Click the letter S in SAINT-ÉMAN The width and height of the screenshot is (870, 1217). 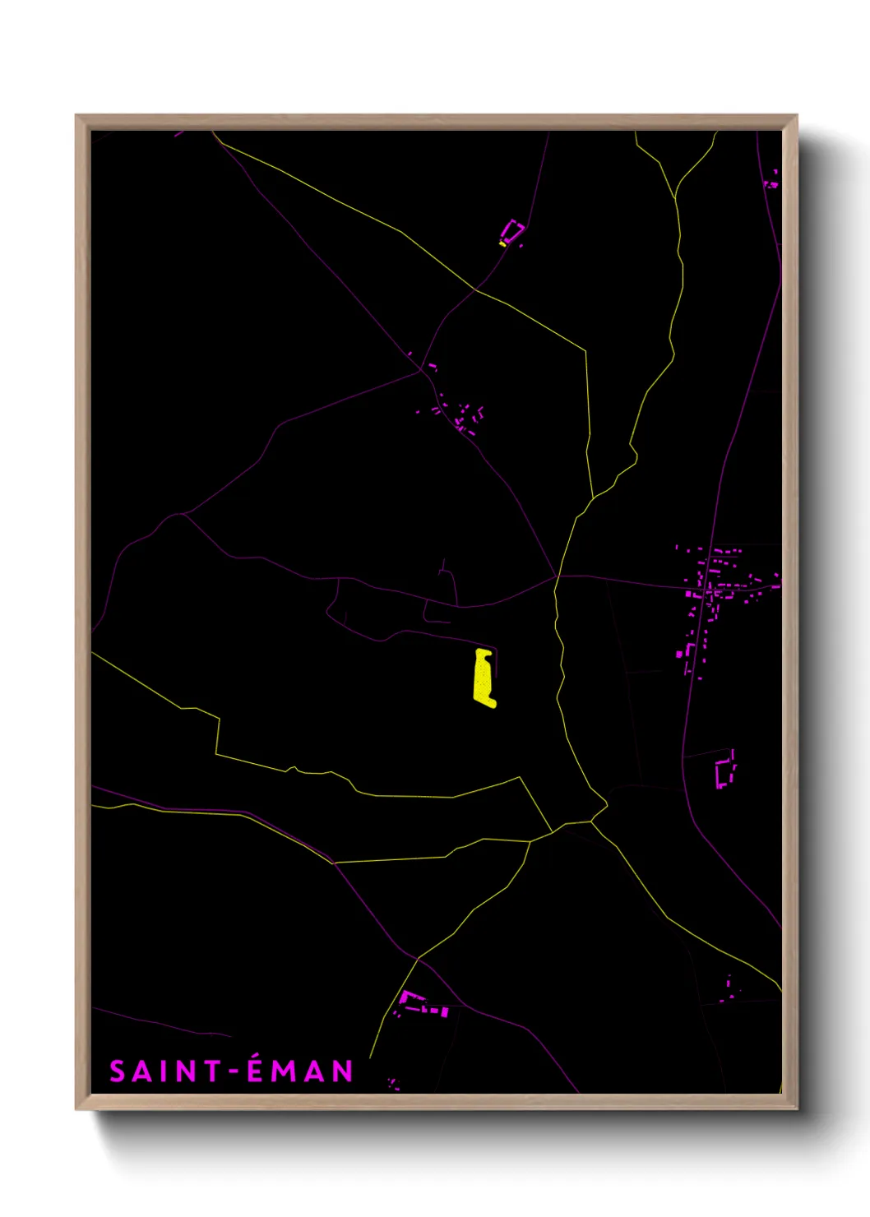[118, 1071]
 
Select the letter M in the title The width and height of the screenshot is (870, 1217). [285, 1071]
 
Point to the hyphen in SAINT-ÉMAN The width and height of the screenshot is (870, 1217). [234, 1072]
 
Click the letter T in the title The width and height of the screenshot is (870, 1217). [212, 1071]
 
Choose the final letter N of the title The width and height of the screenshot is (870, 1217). [343, 1071]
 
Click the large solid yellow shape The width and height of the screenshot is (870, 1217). [484, 678]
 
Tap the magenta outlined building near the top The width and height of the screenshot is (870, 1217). [513, 231]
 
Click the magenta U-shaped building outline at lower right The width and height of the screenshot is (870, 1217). [724, 771]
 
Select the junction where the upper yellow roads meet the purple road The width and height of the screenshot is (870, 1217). [475, 289]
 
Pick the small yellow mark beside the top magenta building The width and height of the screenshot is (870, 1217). [502, 243]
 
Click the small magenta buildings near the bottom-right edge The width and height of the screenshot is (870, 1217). [727, 989]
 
